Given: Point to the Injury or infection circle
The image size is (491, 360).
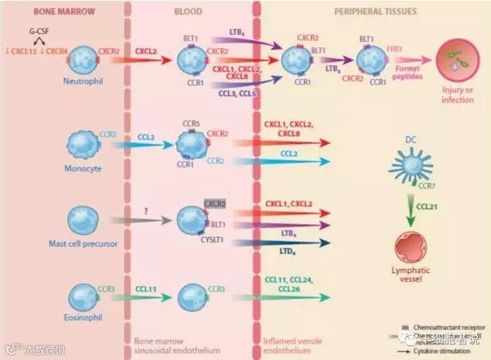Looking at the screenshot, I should (x=457, y=62).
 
